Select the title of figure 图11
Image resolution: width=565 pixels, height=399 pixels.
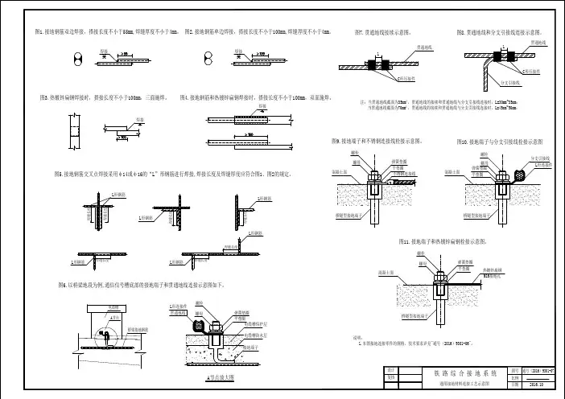445,241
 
